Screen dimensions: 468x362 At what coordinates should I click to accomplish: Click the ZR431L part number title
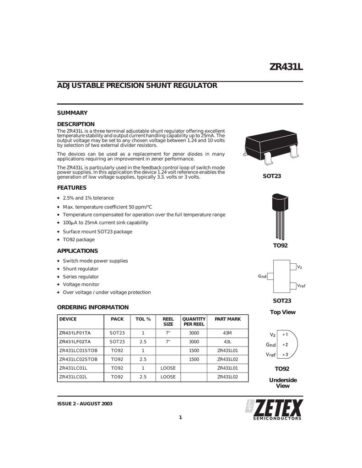coord(286,68)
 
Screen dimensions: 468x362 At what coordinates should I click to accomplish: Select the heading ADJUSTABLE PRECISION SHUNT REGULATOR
coord(136,85)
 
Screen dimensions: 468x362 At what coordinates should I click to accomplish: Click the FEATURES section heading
coord(71,188)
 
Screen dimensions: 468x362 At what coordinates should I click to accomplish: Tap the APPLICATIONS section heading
coord(77,251)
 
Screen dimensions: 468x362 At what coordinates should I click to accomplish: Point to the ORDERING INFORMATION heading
coord(92,307)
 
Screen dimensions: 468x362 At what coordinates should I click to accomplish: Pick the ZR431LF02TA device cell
coord(75,341)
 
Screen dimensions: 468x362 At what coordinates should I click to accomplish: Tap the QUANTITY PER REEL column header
coord(194,321)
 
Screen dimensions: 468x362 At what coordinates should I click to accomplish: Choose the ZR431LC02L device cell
coord(73,377)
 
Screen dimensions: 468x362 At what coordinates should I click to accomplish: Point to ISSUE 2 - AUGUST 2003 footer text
coord(85,404)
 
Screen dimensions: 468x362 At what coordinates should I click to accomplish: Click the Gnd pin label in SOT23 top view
coord(262,277)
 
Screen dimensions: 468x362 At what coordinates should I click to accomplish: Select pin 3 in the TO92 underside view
coord(285,354)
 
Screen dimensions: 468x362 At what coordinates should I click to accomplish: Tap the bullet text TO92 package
coord(79,239)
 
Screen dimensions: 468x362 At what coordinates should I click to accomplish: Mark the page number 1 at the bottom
coord(180,417)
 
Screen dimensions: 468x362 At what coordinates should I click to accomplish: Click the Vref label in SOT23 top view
coord(301,286)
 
